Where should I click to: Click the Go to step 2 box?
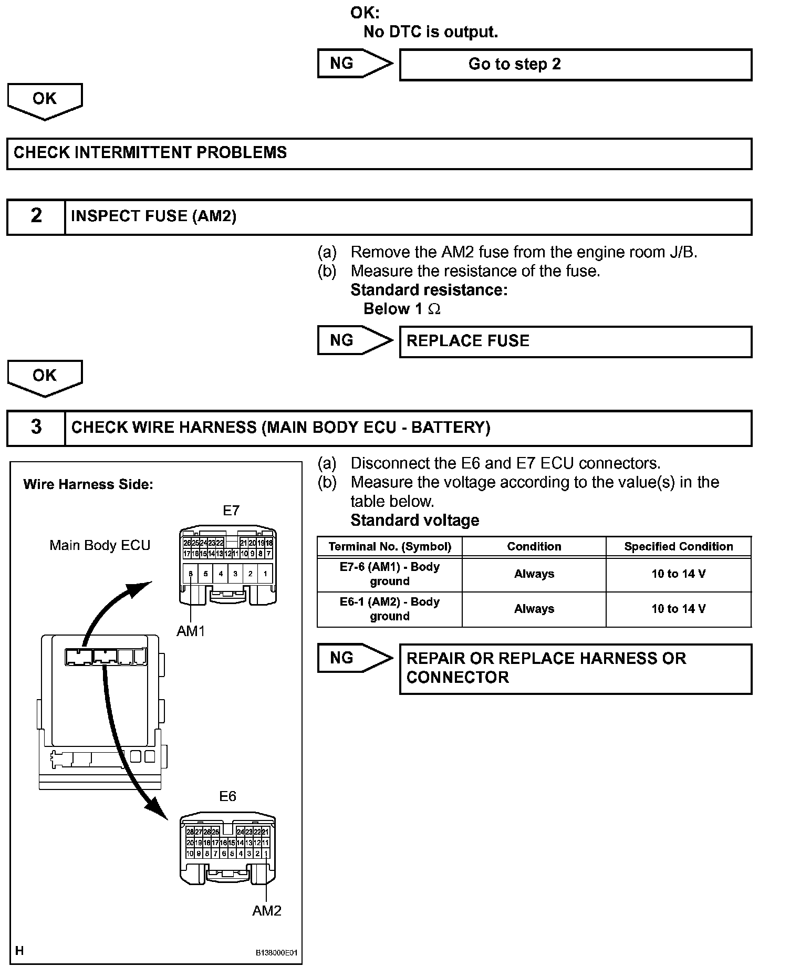(575, 65)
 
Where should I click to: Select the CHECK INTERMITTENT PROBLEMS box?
(379, 153)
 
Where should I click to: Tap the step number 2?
(36, 216)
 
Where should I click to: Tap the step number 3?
(36, 427)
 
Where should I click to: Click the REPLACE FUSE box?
(575, 341)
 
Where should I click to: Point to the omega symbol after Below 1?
(434, 309)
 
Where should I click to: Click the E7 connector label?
(231, 511)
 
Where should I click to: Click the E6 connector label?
(227, 796)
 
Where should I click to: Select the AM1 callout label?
(191, 631)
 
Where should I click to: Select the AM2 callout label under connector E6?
(266, 910)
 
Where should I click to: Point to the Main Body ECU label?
(100, 545)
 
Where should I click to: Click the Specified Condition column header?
(678, 546)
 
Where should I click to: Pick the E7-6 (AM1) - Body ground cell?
(389, 574)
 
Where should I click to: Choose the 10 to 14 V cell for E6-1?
(678, 609)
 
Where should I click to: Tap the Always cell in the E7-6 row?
(534, 574)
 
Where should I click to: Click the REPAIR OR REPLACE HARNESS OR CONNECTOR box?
(575, 668)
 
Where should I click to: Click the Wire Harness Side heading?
(88, 484)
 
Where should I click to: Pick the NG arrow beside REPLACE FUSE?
(355, 340)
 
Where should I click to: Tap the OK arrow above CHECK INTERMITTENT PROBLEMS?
(45, 100)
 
